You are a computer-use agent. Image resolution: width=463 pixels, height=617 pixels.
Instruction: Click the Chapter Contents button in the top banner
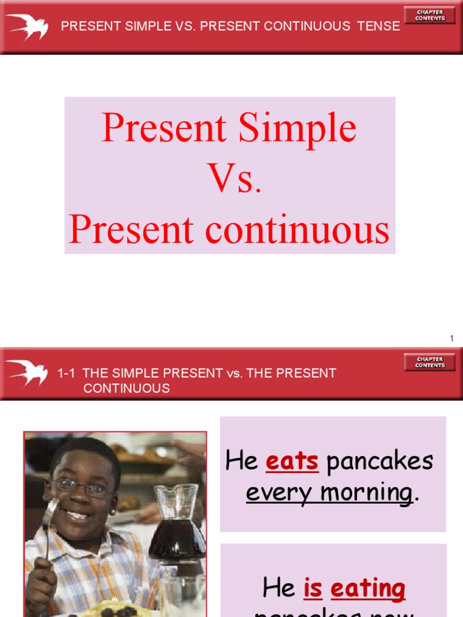click(429, 15)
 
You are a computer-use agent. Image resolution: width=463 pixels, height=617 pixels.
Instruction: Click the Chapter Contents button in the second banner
click(429, 362)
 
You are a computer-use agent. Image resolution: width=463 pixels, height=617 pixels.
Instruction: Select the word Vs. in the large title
click(235, 179)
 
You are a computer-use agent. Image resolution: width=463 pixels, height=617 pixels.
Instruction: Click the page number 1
click(452, 339)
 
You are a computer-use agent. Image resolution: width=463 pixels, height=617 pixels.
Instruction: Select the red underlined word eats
click(292, 462)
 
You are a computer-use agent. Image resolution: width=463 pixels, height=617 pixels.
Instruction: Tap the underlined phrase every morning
click(329, 492)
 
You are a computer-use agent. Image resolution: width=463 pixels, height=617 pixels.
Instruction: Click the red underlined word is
click(312, 588)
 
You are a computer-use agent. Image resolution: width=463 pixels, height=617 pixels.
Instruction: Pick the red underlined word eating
click(368, 588)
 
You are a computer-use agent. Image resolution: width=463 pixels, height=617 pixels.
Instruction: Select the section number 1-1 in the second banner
click(66, 374)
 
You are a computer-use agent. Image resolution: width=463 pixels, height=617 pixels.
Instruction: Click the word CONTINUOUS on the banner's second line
click(127, 389)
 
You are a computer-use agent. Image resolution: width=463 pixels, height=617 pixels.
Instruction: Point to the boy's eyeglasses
click(81, 487)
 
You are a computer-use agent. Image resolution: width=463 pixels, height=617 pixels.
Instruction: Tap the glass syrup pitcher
click(177, 524)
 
